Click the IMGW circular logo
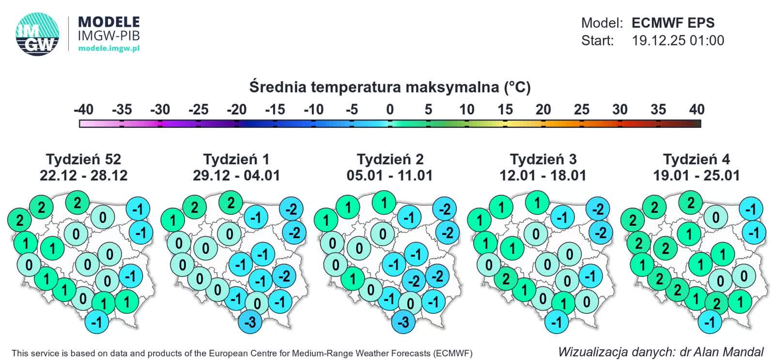(37, 34)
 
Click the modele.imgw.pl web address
(109, 48)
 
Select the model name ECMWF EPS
(673, 23)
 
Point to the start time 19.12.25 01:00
(678, 40)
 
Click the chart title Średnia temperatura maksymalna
(390, 87)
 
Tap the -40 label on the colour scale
(83, 110)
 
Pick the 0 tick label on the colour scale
(390, 110)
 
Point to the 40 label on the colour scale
(697, 110)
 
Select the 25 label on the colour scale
(581, 110)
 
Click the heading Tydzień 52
(83, 159)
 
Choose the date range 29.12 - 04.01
(236, 175)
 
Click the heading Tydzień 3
(543, 159)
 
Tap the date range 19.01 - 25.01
(696, 175)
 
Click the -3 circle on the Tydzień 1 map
(250, 322)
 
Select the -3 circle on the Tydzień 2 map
(403, 322)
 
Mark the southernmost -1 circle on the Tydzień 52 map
(97, 322)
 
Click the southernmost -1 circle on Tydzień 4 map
(710, 322)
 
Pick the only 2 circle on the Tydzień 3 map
(506, 279)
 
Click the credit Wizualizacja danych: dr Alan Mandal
(661, 352)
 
